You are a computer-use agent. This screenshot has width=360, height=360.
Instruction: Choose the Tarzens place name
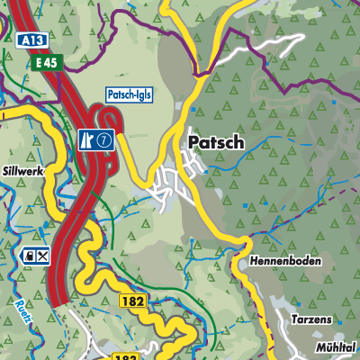311,319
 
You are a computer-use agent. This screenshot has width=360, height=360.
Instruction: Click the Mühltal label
337,346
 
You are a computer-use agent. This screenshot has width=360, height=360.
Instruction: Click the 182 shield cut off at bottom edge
126,356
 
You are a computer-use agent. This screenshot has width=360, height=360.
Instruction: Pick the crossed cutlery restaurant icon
42,256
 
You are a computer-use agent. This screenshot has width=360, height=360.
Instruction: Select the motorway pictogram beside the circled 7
88,139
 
